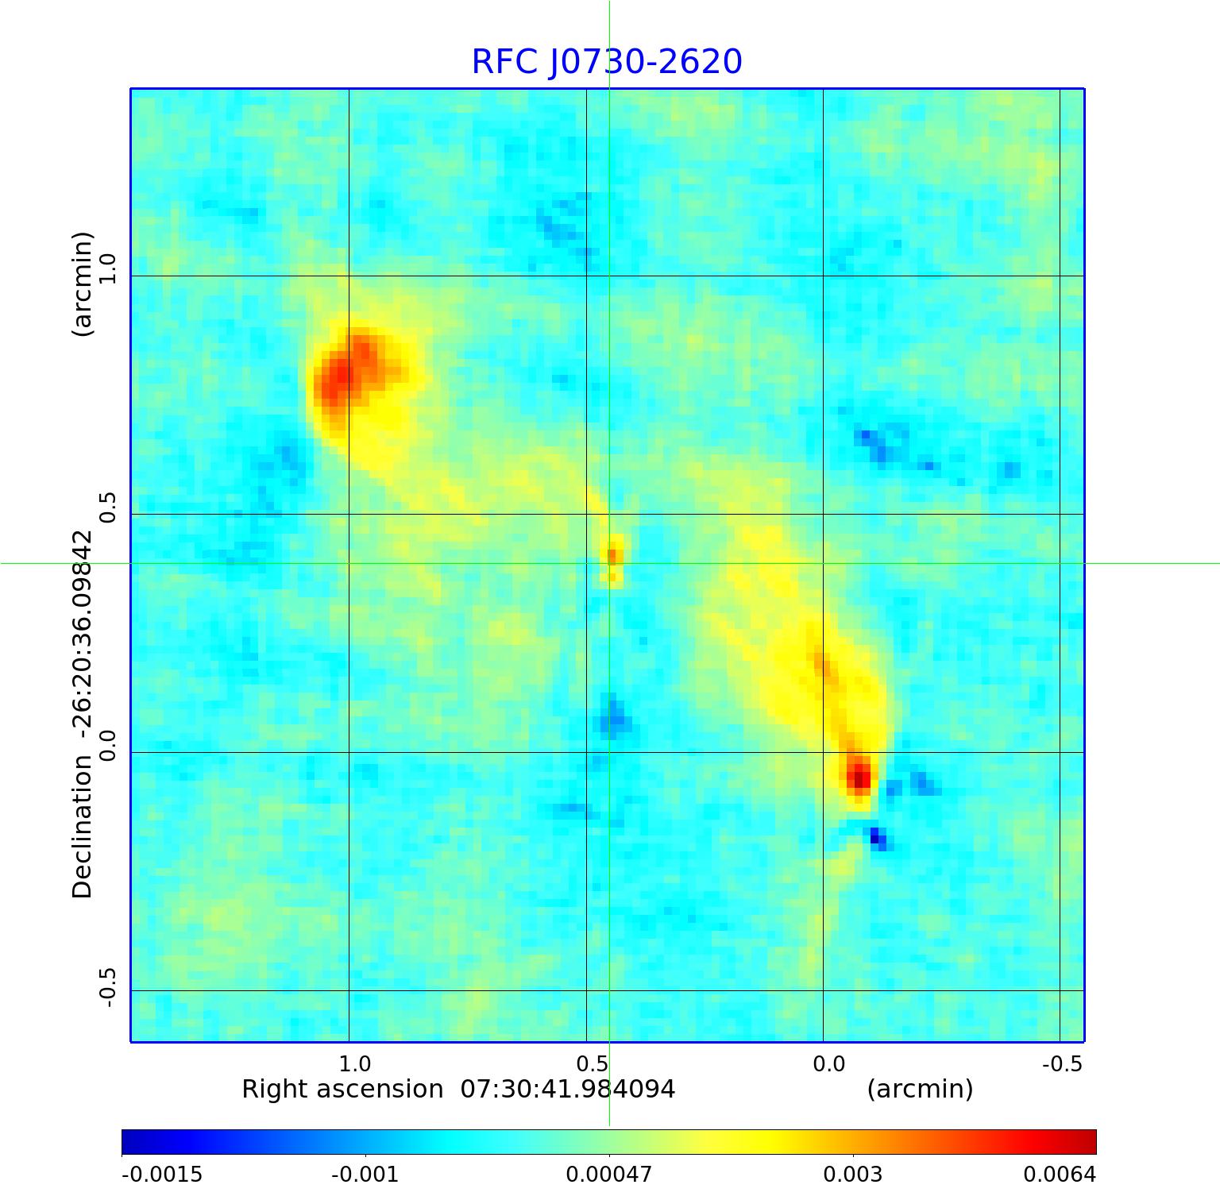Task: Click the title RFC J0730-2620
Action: pos(607,62)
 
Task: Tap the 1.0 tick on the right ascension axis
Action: pos(354,1063)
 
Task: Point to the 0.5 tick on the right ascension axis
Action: pos(592,1063)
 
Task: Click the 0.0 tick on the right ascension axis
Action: pos(828,1063)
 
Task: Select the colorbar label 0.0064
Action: pos(1060,1174)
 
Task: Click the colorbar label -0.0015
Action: pos(162,1174)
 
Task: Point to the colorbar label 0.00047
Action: pos(608,1174)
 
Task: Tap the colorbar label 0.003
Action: pos(852,1174)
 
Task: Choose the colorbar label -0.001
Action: pos(365,1174)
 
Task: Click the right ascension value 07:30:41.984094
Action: pos(568,1089)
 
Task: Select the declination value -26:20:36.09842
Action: pos(83,632)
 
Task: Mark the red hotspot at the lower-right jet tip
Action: pos(858,776)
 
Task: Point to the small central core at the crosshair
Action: pos(612,555)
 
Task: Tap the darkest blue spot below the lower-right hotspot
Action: pos(877,836)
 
